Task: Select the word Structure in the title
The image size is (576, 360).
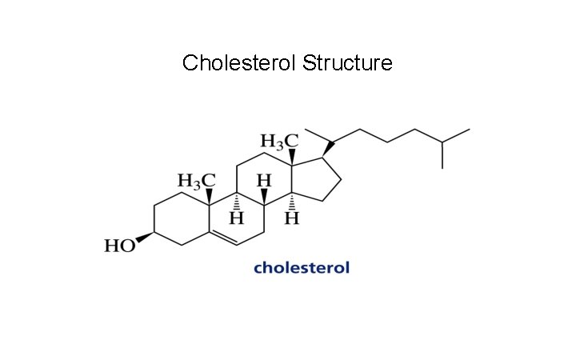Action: [x=348, y=62]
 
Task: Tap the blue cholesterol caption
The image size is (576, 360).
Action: [x=302, y=267]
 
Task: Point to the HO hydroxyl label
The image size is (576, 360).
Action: [x=120, y=246]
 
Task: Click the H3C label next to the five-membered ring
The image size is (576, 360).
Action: [x=279, y=142]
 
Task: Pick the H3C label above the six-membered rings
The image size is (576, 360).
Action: [x=197, y=178]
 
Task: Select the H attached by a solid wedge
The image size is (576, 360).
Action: [x=265, y=181]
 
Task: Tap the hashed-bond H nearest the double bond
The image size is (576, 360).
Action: [x=237, y=218]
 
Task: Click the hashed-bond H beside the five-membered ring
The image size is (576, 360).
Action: [x=292, y=218]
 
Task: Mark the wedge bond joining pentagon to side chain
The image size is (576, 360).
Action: [x=328, y=149]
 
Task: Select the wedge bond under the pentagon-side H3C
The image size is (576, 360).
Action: [x=292, y=158]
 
